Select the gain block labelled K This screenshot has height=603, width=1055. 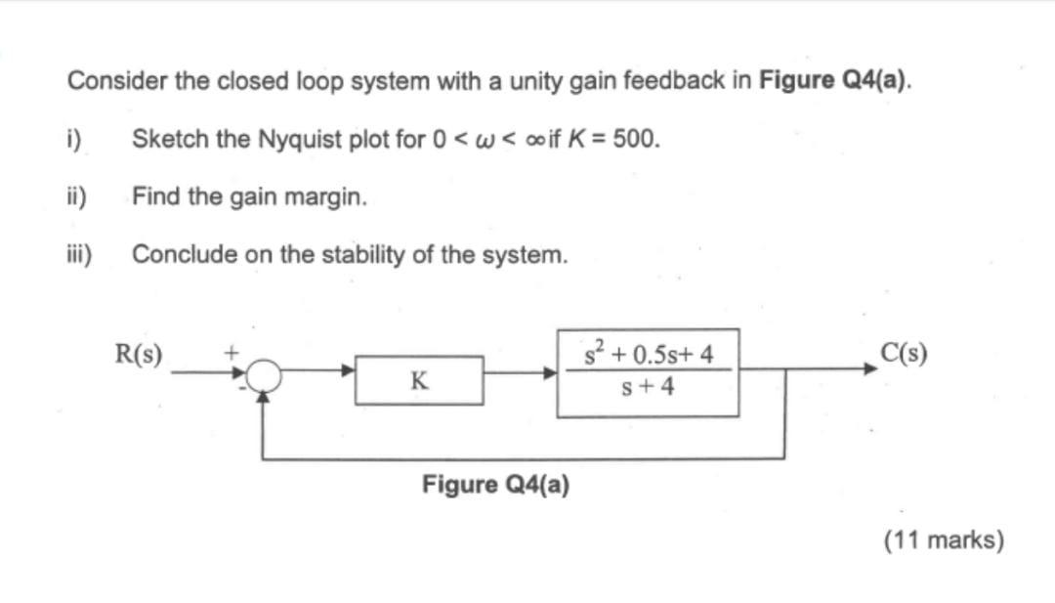pyautogui.click(x=418, y=380)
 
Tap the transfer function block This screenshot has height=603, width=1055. pyautogui.click(x=648, y=372)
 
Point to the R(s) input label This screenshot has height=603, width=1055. pyautogui.click(x=139, y=352)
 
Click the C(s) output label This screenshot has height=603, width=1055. pyautogui.click(x=904, y=352)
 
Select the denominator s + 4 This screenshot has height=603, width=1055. pyautogui.click(x=648, y=387)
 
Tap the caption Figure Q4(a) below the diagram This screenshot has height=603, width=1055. pyautogui.click(x=496, y=485)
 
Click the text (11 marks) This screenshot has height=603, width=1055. pyautogui.click(x=944, y=539)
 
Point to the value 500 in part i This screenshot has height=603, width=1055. pyautogui.click(x=639, y=139)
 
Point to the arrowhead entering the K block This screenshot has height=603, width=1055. pyautogui.click(x=348, y=371)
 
